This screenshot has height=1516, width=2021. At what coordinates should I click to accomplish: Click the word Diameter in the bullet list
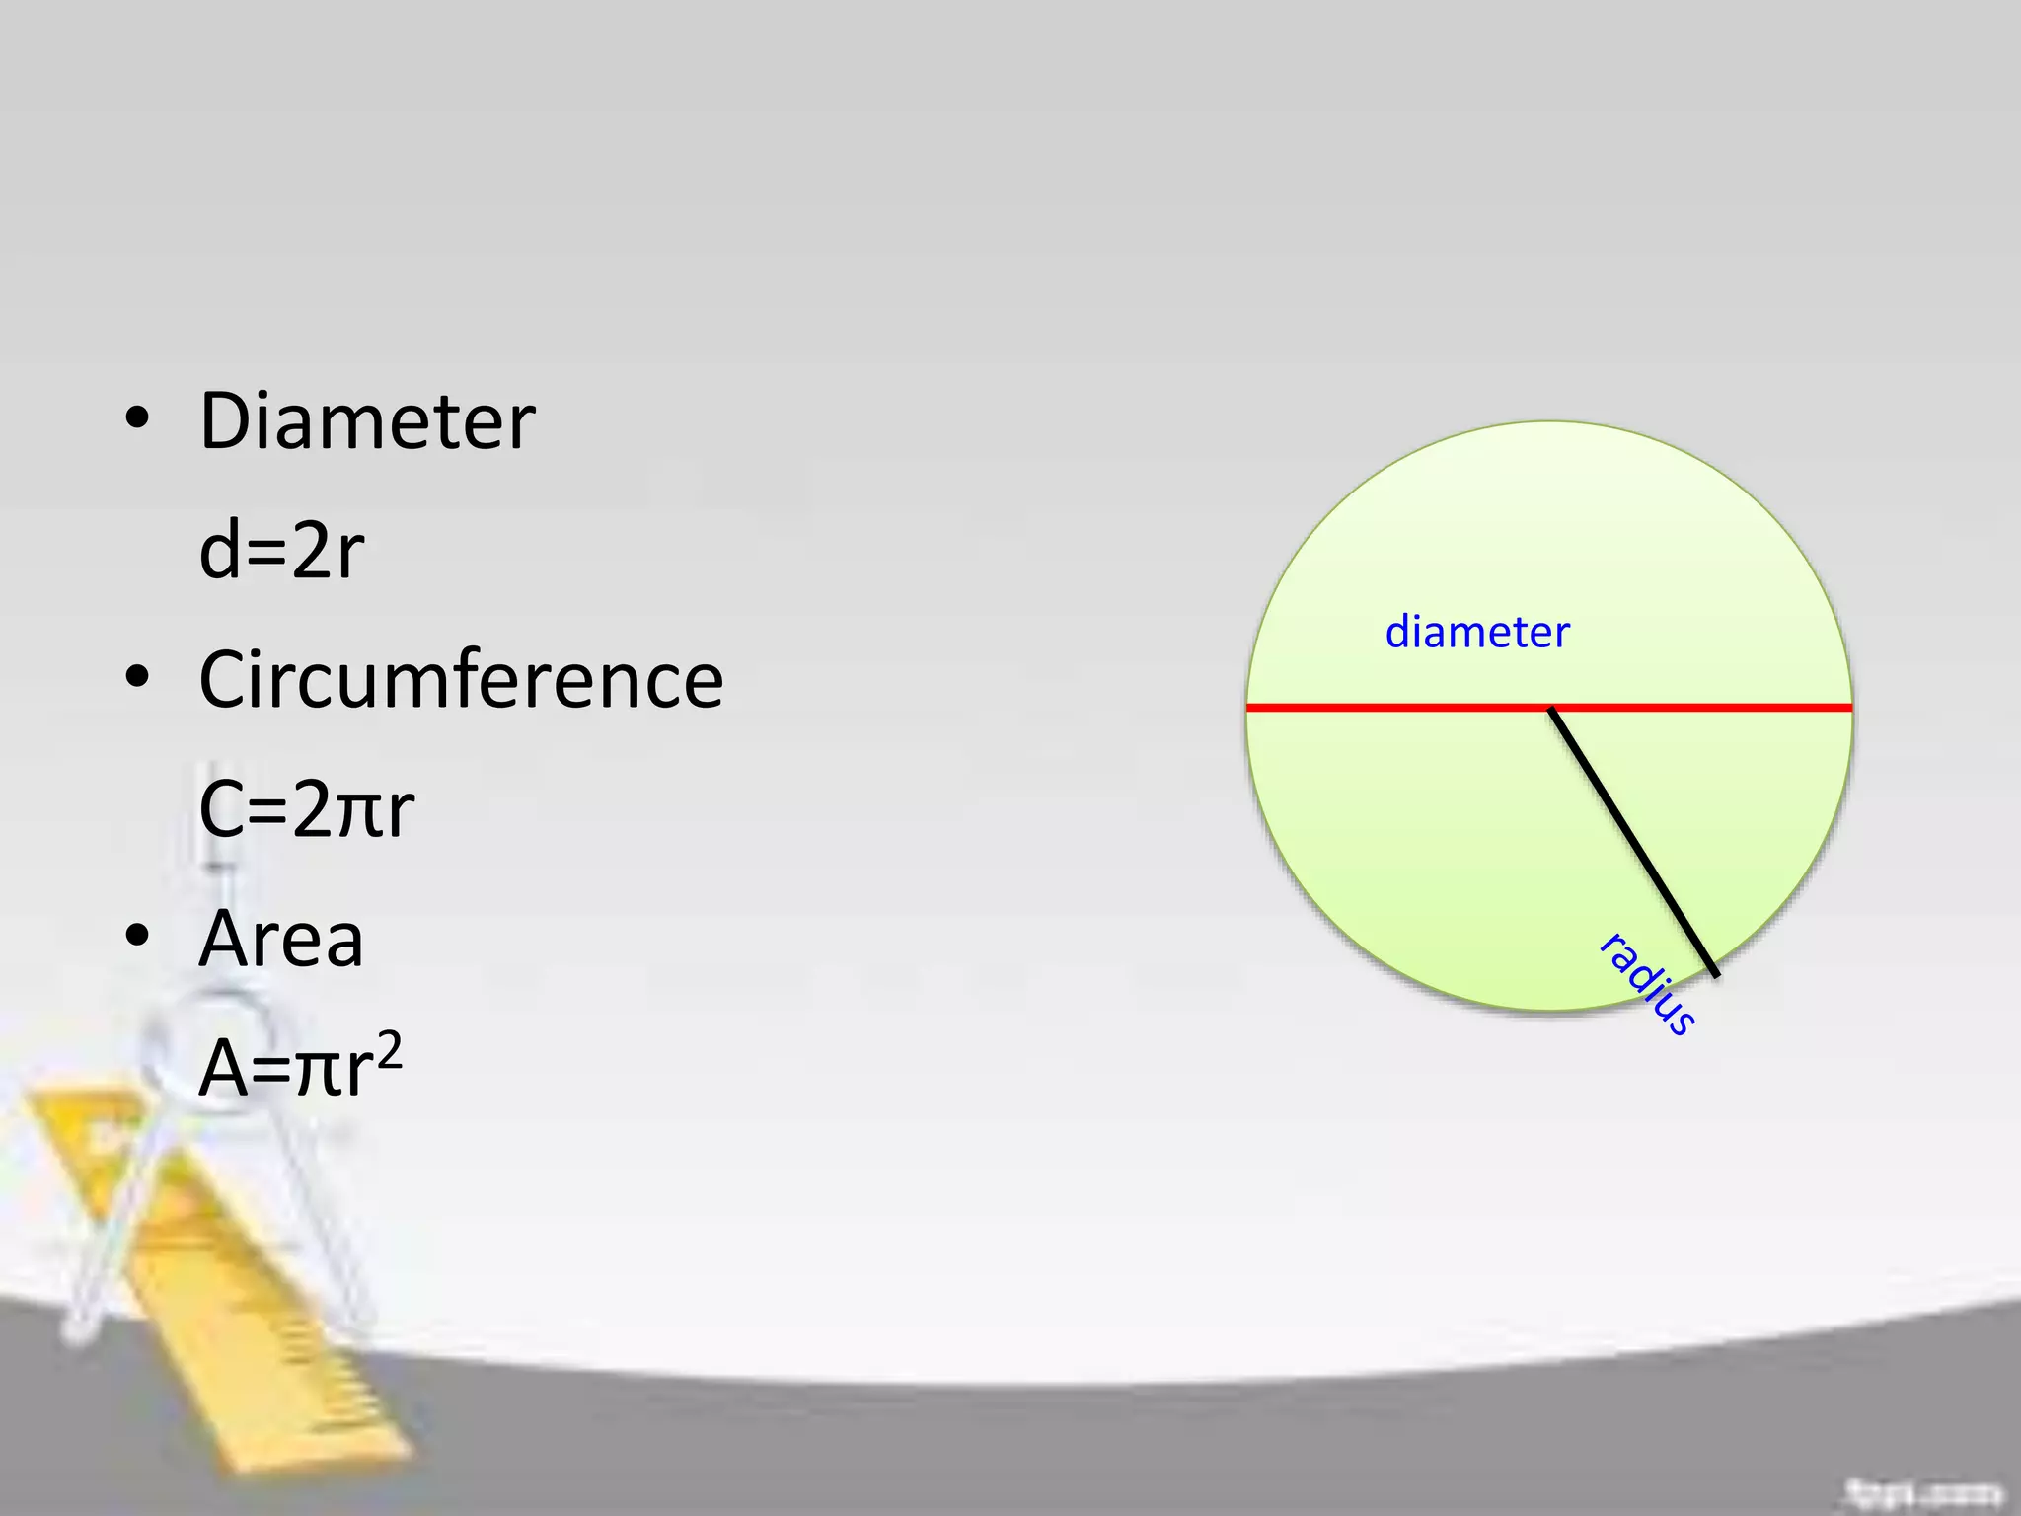click(367, 421)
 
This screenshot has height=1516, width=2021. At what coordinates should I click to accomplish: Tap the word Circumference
click(461, 680)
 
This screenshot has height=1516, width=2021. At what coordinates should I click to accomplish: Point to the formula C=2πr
click(306, 809)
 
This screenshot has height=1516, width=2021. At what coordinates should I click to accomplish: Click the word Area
click(281, 939)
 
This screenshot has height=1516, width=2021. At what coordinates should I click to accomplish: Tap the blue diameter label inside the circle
click(1476, 633)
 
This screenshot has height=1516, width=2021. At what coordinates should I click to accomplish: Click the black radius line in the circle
click(1633, 842)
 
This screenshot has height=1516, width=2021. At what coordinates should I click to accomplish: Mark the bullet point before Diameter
click(137, 418)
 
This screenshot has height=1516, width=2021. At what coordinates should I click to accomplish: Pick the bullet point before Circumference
click(137, 677)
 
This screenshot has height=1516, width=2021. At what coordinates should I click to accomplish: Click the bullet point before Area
click(137, 935)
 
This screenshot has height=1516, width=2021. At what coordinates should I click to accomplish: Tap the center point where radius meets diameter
click(1550, 708)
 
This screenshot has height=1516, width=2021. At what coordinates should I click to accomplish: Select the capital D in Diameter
click(229, 421)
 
